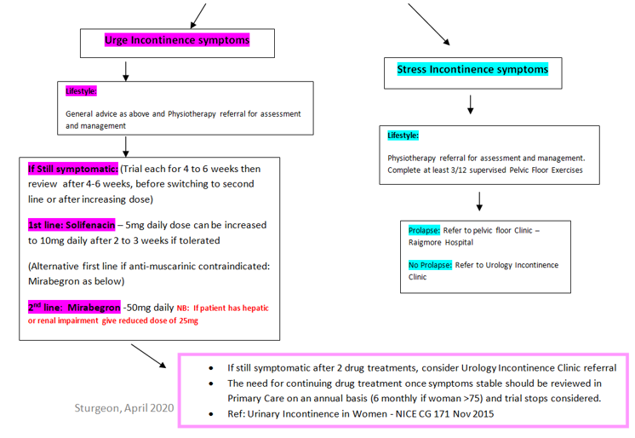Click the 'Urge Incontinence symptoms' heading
tap(177, 40)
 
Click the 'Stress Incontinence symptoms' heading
tap(472, 69)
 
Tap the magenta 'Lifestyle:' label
tap(82, 90)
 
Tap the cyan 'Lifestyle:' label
tap(403, 135)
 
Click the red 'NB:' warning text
tap(184, 306)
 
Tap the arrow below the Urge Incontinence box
tap(126, 70)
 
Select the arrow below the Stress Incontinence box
tap(472, 104)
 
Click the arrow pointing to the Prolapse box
tap(481, 201)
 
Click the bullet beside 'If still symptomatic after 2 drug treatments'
tap(211, 368)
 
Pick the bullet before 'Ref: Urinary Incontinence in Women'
tap(211, 414)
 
